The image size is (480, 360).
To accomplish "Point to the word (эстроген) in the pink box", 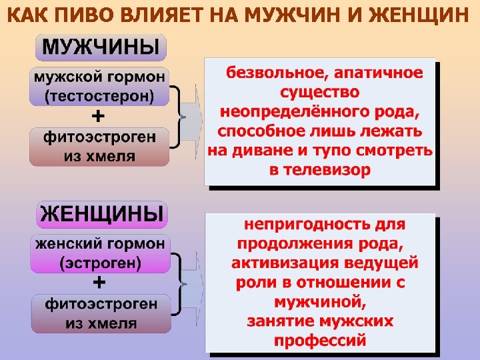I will point(100,263).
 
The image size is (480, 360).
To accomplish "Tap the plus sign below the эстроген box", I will point(98,283).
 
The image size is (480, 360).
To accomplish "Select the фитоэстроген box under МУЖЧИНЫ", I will point(99,147).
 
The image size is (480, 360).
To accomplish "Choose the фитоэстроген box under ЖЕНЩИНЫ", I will point(100,313).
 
